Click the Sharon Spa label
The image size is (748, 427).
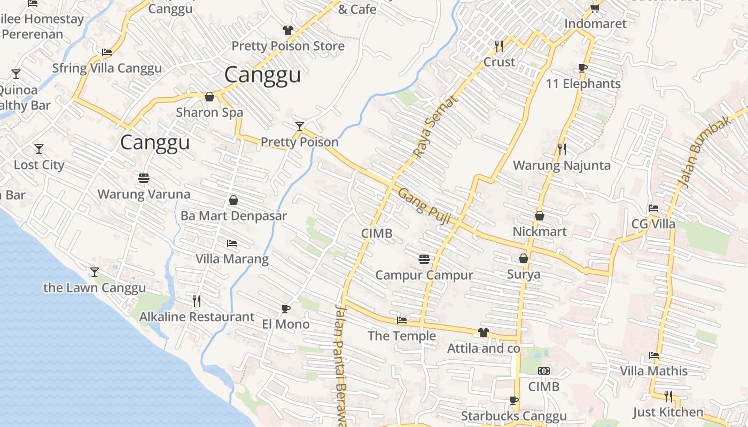click(x=209, y=113)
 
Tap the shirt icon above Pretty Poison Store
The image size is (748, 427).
click(x=288, y=30)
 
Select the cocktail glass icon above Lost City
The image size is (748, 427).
click(x=39, y=149)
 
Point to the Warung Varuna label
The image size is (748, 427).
click(x=144, y=194)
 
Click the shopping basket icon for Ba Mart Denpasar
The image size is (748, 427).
click(x=233, y=201)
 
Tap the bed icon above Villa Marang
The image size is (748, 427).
click(x=231, y=243)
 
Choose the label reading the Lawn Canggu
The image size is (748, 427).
click(x=95, y=288)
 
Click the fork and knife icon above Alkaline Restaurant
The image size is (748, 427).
click(x=197, y=301)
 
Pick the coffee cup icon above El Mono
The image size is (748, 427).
click(x=286, y=309)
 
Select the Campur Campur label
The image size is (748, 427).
click(x=424, y=275)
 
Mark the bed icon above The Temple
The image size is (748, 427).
click(x=402, y=320)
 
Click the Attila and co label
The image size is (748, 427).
click(x=484, y=349)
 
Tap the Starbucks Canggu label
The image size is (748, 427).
click(x=513, y=416)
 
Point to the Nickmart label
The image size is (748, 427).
click(x=540, y=232)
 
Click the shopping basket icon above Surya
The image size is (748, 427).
click(x=524, y=259)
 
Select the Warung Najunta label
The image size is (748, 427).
click(x=562, y=165)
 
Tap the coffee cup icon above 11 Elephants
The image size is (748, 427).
click(x=583, y=68)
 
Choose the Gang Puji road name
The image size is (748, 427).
click(x=425, y=207)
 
